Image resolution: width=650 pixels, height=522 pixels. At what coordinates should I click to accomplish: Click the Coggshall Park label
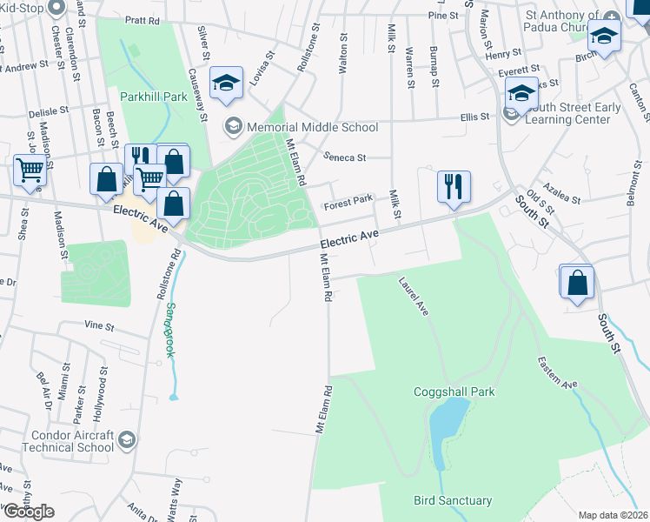(454, 392)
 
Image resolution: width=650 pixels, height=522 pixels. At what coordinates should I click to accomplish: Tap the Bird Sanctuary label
(453, 500)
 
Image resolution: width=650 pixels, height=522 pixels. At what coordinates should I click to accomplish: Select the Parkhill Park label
(154, 97)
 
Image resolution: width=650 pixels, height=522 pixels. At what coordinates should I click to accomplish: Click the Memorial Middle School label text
(312, 128)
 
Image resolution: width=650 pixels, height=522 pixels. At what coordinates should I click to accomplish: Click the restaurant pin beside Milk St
(454, 186)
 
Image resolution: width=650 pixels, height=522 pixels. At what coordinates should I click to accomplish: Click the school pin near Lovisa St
(226, 84)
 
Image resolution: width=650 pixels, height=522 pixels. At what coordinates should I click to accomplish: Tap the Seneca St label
(345, 157)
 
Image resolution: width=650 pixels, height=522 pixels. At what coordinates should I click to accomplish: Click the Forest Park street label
(348, 204)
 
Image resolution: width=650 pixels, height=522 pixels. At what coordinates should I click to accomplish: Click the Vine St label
(99, 326)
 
